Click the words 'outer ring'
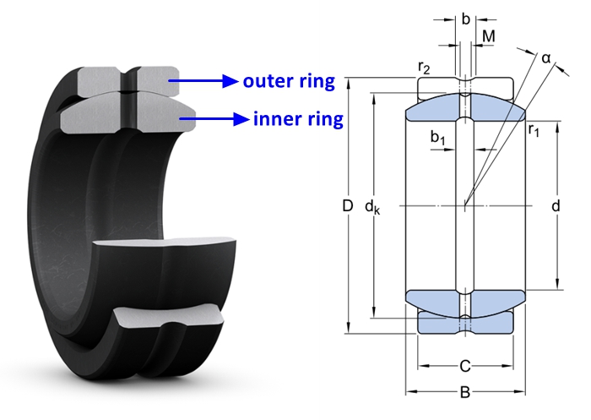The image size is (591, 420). point(289,81)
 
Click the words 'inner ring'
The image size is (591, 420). point(298,119)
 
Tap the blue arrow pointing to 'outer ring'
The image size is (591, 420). point(203,81)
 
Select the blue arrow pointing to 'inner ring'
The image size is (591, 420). point(214,119)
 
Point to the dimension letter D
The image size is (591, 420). point(348,206)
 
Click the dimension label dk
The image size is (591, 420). point(372,207)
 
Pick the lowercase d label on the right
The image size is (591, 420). point(556,206)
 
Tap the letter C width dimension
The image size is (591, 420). point(465,366)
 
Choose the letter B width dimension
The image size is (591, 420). point(465,392)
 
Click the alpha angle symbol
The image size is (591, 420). point(546,58)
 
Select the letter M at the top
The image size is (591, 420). point(489,36)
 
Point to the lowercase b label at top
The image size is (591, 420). point(466,19)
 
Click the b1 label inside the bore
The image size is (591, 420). point(437,138)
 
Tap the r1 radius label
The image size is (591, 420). point(534,130)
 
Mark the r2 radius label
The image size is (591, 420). point(424,68)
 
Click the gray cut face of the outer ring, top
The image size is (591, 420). point(128,80)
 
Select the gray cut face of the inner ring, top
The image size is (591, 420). point(128,114)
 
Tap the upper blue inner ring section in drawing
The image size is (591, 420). point(465,107)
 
